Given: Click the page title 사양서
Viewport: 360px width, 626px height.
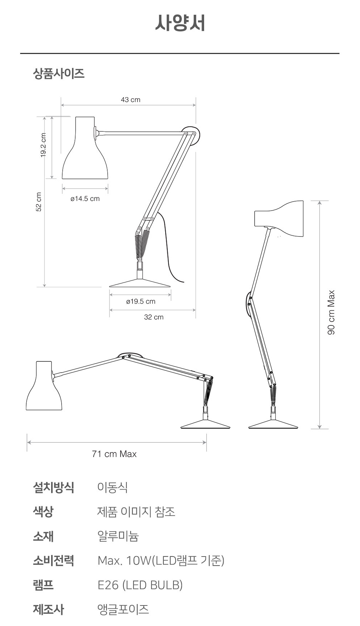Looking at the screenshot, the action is [180, 23].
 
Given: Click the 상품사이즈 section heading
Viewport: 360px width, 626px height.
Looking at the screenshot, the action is [59, 73].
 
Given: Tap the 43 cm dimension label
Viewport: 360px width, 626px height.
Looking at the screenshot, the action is [131, 100].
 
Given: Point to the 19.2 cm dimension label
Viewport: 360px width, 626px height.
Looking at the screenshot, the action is [43, 145].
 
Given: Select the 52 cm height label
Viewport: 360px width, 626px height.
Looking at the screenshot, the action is [39, 202].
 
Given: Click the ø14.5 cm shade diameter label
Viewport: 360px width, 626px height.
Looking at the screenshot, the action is [85, 199].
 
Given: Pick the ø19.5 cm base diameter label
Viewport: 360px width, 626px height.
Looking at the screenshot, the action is [141, 302].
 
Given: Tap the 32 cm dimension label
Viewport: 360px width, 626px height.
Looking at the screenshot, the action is [154, 317].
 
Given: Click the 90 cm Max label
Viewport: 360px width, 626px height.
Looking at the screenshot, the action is [331, 312].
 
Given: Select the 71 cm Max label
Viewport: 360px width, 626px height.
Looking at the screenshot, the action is [114, 454].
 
